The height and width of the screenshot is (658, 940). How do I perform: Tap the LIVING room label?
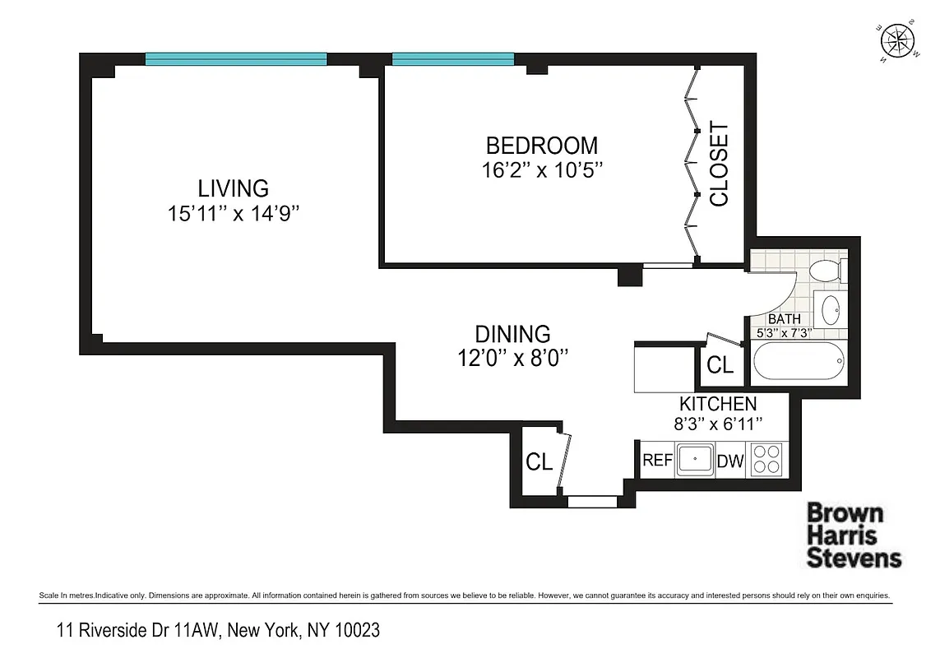(x=233, y=188)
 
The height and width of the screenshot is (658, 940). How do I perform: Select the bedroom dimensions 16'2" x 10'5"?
(x=542, y=170)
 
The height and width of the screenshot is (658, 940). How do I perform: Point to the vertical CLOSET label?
(x=719, y=164)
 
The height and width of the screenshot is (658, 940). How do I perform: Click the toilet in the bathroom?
(x=823, y=270)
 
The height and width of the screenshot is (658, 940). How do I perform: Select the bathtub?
(x=798, y=362)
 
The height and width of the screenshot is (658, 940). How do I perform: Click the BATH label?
(x=783, y=319)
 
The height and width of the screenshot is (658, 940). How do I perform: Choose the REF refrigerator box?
(x=657, y=461)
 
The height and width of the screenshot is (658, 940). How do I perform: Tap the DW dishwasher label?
(x=730, y=461)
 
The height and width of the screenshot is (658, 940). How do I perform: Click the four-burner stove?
(x=767, y=459)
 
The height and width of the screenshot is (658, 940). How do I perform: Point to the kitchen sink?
(x=696, y=460)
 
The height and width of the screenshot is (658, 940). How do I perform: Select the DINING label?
(x=512, y=335)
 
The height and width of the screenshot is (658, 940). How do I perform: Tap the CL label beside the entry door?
(x=539, y=462)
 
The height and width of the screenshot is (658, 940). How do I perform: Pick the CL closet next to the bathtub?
(x=720, y=365)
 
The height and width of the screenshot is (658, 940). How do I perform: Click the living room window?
(x=236, y=58)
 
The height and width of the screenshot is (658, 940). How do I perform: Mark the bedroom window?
(x=452, y=58)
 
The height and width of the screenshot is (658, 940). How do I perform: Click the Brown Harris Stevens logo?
(x=853, y=535)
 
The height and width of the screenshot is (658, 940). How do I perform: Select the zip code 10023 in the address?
(x=354, y=631)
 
